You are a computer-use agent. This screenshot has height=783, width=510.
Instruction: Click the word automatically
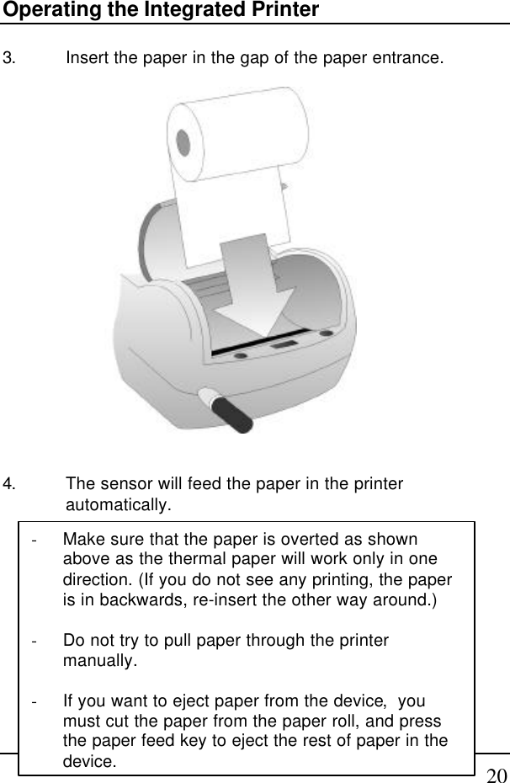[118, 506]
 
